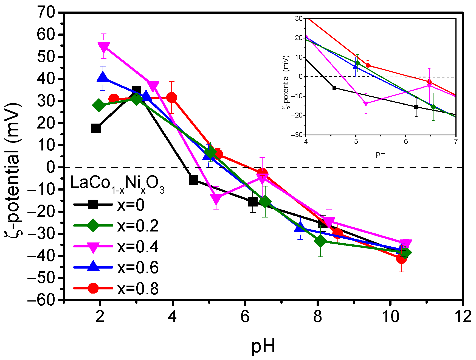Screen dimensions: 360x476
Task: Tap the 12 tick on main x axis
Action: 463,316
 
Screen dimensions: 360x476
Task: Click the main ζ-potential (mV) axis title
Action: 13,170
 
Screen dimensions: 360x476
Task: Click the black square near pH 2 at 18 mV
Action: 96,128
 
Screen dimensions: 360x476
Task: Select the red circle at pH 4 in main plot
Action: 172,97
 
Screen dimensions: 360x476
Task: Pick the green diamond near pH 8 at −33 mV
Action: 320,241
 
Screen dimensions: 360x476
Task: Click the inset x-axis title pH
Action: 381,154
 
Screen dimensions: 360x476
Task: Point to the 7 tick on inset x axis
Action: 456,142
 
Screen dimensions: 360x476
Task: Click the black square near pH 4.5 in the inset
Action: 334,88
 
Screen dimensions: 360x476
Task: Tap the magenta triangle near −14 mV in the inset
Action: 366,104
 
